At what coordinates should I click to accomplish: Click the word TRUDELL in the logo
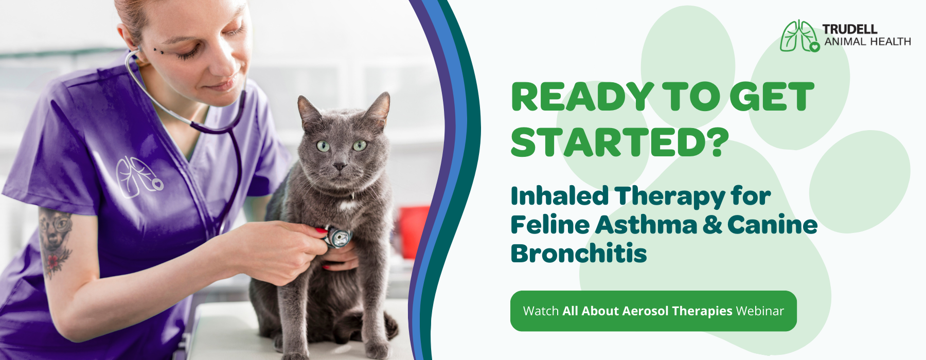coord(849,29)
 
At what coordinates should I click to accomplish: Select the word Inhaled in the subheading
coord(560,196)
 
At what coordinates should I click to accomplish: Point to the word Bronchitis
coord(579,253)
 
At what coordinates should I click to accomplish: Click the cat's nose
coord(340,166)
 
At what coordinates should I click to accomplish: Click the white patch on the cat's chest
coord(349,206)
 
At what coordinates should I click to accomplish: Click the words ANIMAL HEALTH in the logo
coord(867,42)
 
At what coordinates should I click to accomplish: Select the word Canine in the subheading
coord(772,225)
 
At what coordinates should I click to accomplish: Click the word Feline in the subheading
coord(550,225)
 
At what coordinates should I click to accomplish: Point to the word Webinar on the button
coord(760,311)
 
